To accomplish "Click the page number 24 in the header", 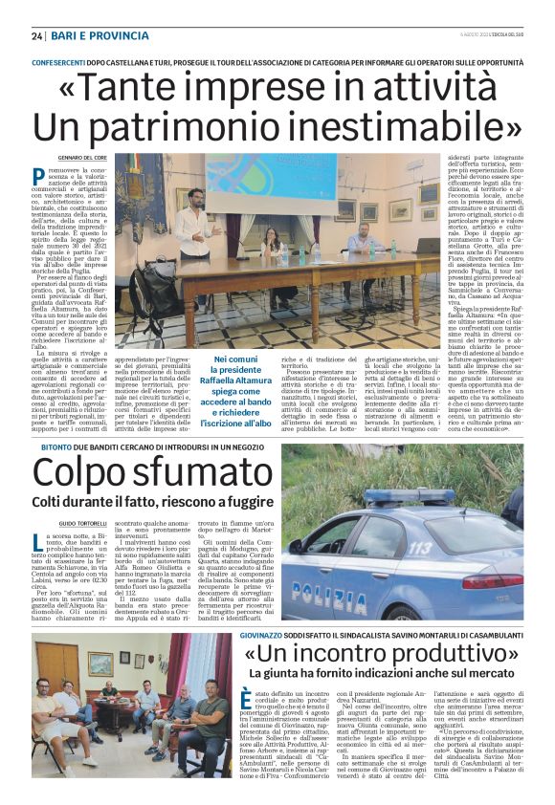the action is click(37, 35).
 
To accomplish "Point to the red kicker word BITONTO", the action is click(51, 446).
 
